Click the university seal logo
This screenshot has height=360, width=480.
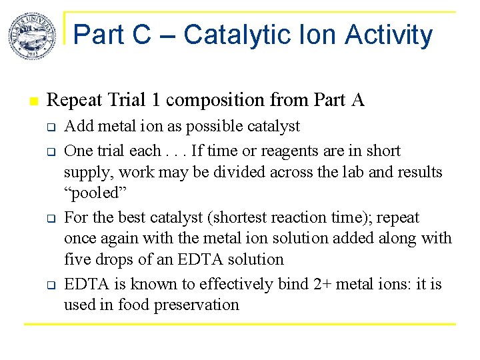click(x=31, y=36)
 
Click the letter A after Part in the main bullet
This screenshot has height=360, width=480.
click(x=358, y=100)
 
